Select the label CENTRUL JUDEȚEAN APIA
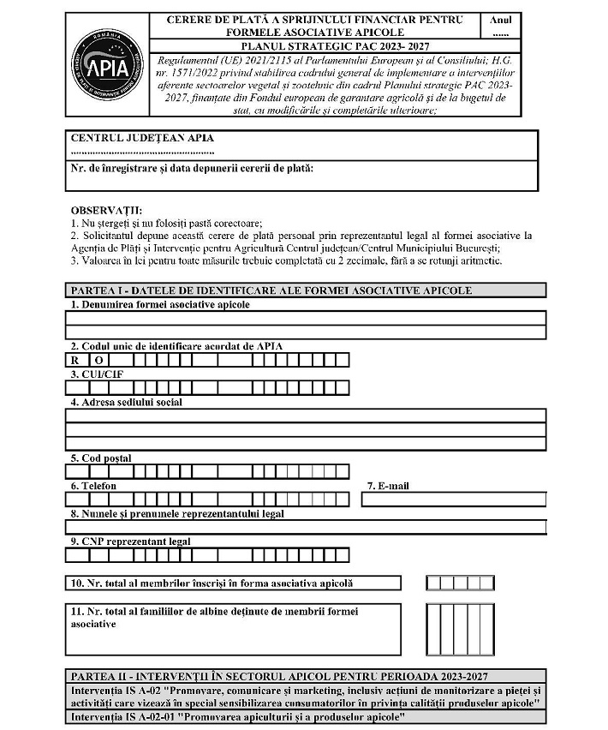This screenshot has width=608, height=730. pyautogui.click(x=142, y=138)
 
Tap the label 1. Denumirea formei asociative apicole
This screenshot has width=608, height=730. pyautogui.click(x=160, y=304)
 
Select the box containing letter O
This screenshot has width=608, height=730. pyautogui.click(x=98, y=360)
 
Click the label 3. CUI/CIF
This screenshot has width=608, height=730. pyautogui.click(x=92, y=374)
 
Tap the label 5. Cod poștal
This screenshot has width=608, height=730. pyautogui.click(x=101, y=458)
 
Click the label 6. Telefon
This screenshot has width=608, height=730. pyautogui.click(x=94, y=486)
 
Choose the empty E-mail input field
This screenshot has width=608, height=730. pyautogui.click(x=453, y=500)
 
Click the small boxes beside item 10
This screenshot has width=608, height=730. pyautogui.click(x=448, y=583)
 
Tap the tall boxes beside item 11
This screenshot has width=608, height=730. pyautogui.click(x=448, y=629)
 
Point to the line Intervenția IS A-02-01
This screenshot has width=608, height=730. pyautogui.click(x=239, y=716)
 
